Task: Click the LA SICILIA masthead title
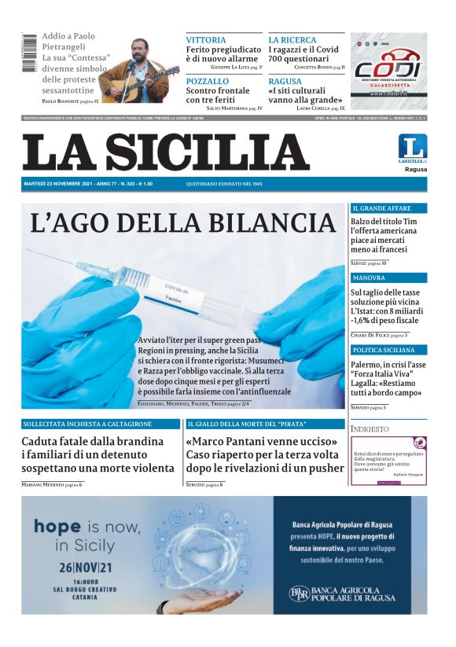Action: coord(166,153)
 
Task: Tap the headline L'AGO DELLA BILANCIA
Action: coord(183,222)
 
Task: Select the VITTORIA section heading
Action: coord(206,39)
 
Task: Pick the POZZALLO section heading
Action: coord(208,81)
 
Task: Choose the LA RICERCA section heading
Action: coord(292,39)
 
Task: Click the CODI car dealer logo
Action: coord(388,69)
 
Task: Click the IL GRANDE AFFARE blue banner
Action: coord(388,208)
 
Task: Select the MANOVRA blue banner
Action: coord(388,278)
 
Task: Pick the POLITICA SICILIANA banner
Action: coord(388,349)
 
